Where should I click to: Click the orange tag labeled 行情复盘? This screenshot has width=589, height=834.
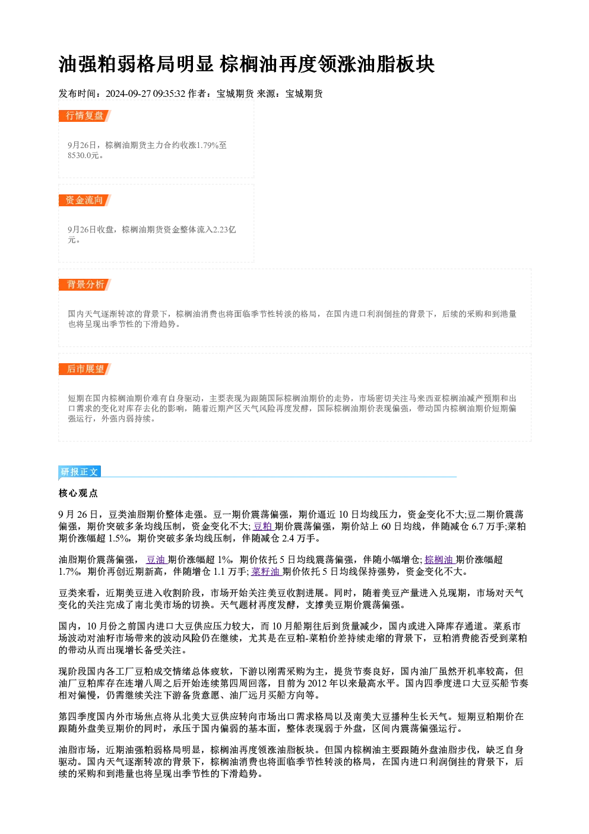pos(85,116)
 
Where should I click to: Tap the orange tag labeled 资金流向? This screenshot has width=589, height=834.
pos(85,200)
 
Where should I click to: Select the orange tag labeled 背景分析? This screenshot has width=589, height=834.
pos(85,285)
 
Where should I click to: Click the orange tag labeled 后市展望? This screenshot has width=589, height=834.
pos(85,369)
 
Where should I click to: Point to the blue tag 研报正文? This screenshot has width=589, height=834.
pos(80,472)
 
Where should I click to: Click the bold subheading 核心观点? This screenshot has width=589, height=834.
pos(78,493)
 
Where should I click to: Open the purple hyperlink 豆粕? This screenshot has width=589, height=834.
pos(263,527)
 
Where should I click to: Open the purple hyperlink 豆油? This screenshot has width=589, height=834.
pos(156,559)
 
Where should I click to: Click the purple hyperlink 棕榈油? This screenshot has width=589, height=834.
pos(439,559)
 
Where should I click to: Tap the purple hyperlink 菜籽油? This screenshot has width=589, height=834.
pos(266,571)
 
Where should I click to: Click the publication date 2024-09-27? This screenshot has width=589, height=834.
pos(128,94)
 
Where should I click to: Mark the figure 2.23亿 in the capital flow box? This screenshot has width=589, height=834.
pos(224,229)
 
